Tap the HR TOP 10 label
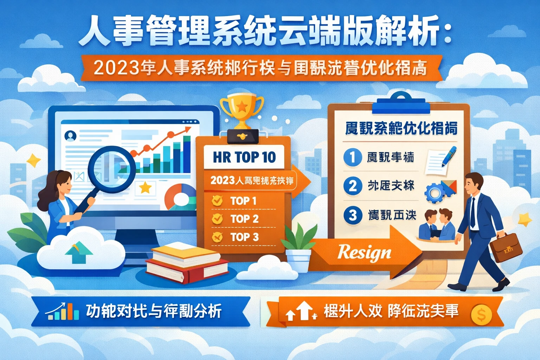tap(244, 157)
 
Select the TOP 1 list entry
tap(243, 201)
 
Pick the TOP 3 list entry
tap(244, 237)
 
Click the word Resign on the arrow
tap(364, 252)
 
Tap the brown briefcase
tap(506, 247)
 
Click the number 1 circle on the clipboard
tap(353, 157)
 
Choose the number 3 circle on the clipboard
tap(353, 215)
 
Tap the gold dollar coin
tap(481, 315)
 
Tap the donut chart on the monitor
tap(180, 198)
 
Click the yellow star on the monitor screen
tap(145, 187)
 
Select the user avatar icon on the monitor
tap(71, 135)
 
